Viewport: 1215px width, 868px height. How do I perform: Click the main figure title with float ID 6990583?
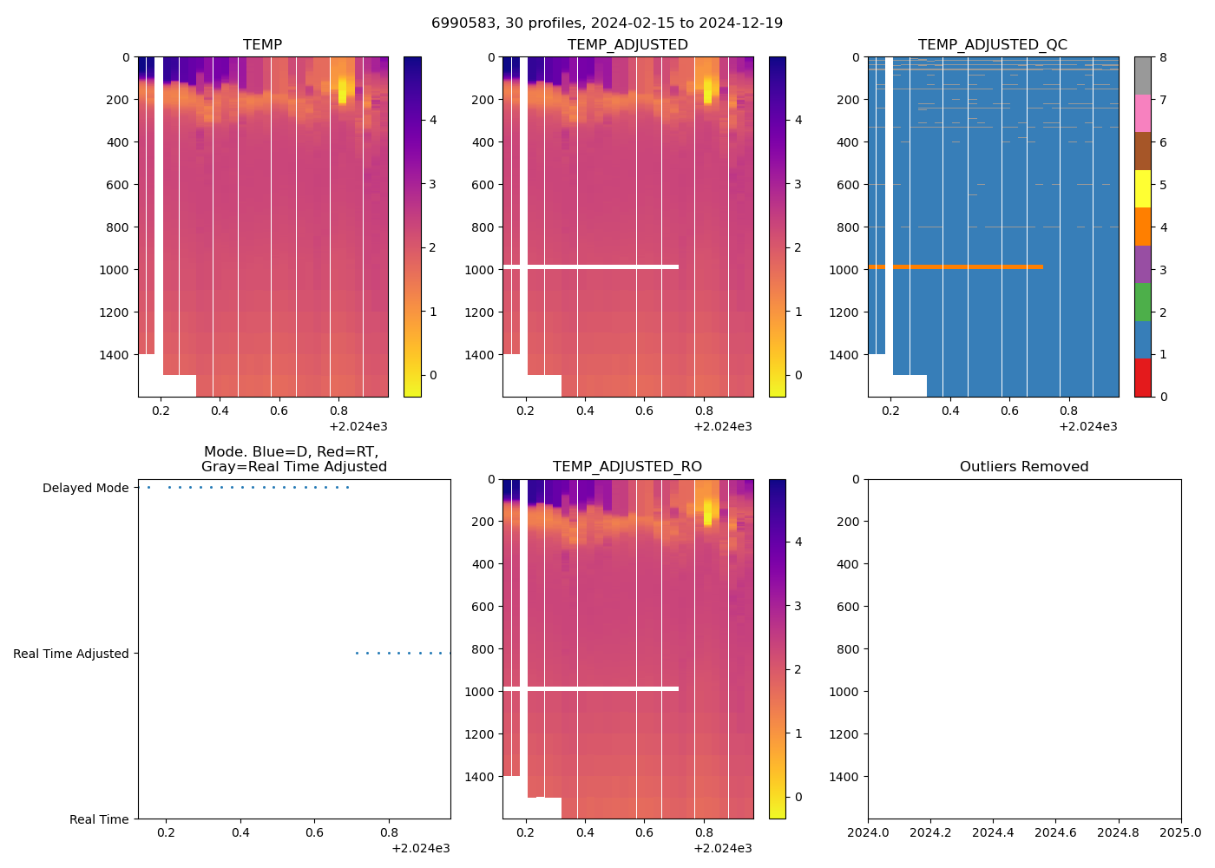tap(607, 23)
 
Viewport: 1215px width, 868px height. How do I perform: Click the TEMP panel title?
tap(262, 45)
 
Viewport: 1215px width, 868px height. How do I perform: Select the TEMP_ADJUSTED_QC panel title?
tap(993, 45)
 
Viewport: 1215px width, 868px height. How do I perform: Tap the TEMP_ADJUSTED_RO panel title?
tap(627, 467)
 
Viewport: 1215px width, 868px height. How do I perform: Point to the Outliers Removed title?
tap(1024, 467)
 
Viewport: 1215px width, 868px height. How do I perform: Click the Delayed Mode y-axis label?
tap(85, 488)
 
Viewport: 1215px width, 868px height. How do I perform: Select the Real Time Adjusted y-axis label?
tap(71, 654)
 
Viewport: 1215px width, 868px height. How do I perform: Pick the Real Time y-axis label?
tap(99, 819)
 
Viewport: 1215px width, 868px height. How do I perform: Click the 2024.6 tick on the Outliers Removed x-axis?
tap(1055, 833)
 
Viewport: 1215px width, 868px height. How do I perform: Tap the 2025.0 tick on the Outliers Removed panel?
tap(1180, 833)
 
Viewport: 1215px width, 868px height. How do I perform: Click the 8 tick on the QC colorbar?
tap(1163, 57)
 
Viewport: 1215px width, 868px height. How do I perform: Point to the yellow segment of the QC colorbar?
tap(1142, 189)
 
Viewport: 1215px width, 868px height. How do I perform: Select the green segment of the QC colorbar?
tap(1142, 302)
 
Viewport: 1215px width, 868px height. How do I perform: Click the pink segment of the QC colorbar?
tap(1142, 114)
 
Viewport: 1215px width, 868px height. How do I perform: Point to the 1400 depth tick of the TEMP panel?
tap(117, 355)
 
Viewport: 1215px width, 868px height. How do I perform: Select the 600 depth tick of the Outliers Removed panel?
tap(849, 607)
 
